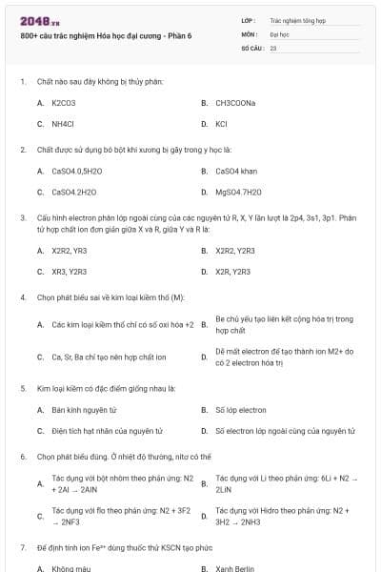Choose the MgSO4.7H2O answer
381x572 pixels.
[x=238, y=193]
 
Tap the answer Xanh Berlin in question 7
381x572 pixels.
[x=234, y=568]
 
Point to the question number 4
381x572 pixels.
[x=23, y=297]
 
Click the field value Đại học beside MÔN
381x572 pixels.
[x=279, y=32]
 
